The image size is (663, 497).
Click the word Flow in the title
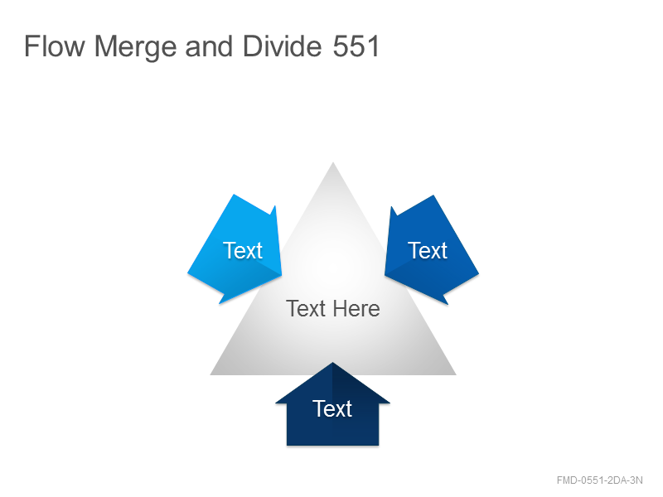pos(55,46)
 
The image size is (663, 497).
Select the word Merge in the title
pos(136,47)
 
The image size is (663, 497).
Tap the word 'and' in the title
pos(210,46)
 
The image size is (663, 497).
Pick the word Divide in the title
pos(283,46)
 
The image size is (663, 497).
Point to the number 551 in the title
pos(356,46)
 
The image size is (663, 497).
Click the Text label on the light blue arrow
pos(243,251)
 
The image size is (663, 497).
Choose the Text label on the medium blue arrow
pos(428,251)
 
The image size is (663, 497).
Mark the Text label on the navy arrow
pos(332,408)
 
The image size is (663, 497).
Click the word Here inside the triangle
pos(356,308)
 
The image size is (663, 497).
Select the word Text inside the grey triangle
pos(306,308)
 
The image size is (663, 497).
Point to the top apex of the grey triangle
pos(333,162)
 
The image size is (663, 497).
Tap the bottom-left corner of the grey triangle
pos(211,374)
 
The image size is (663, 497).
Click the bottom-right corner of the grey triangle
pos(456,374)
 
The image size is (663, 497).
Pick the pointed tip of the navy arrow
pos(333,363)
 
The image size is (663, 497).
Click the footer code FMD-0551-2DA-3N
pos(599,480)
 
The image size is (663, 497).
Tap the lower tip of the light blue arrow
pos(220,303)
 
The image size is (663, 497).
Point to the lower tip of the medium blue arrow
pos(448,304)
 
